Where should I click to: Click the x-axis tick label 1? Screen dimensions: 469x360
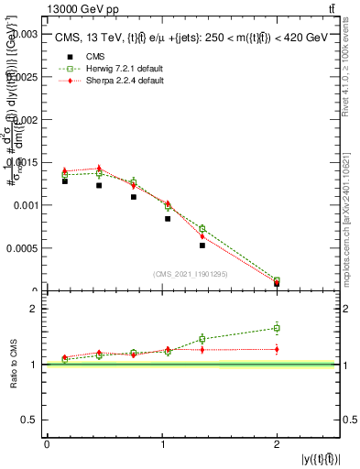click(x=162, y=444)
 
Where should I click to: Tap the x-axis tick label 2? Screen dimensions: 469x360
click(x=277, y=444)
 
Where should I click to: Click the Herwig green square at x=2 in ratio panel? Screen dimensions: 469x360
click(x=277, y=328)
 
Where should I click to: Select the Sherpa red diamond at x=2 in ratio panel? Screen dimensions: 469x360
click(x=277, y=349)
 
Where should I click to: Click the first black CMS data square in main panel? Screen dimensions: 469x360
click(x=64, y=181)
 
